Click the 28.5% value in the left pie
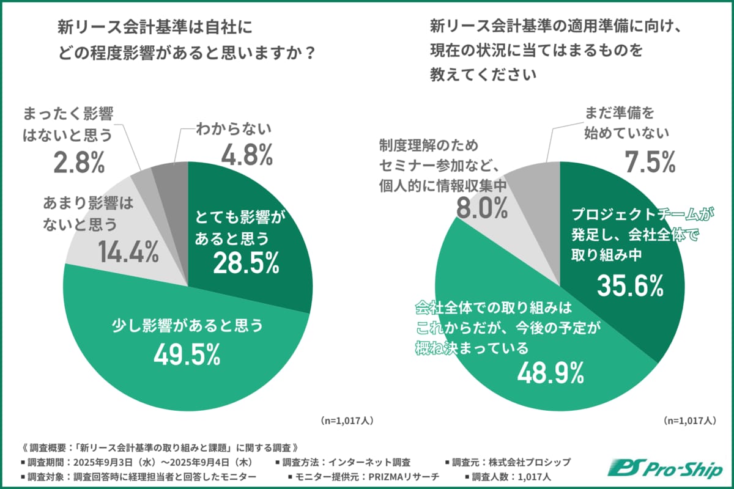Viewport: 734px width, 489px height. [x=247, y=263]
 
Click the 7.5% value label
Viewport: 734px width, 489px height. [x=650, y=161]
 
